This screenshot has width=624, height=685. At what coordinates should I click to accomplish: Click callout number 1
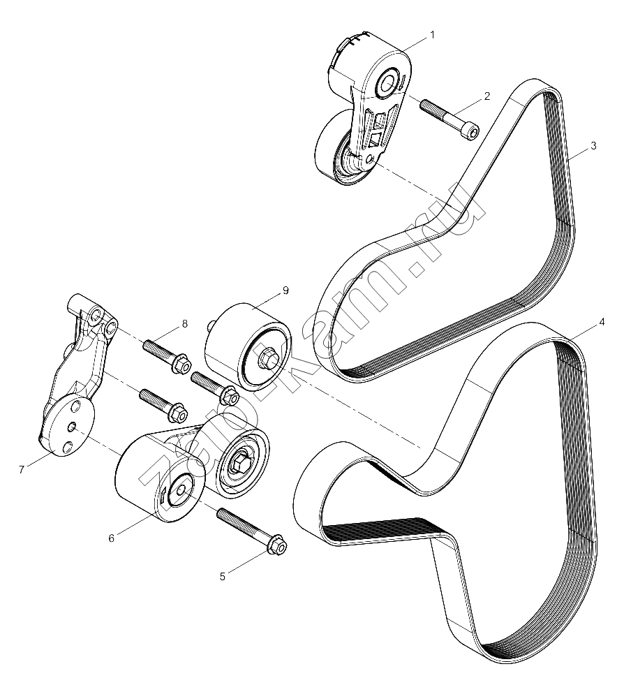point(432,35)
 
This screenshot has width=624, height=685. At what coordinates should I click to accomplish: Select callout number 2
point(487,96)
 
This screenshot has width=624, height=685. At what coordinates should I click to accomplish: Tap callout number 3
point(593,146)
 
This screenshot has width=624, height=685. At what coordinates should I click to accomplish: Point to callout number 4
point(602,323)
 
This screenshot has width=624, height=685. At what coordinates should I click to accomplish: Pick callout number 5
point(222,577)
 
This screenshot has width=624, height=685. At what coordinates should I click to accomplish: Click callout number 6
point(112,538)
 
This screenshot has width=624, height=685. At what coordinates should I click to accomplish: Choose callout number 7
point(22,470)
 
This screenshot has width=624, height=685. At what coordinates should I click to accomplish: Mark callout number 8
point(185,324)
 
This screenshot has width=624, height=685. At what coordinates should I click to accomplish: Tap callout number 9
point(285,290)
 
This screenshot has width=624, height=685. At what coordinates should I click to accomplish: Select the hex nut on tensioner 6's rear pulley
point(239,462)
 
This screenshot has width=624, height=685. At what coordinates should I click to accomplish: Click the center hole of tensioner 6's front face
point(181,490)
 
